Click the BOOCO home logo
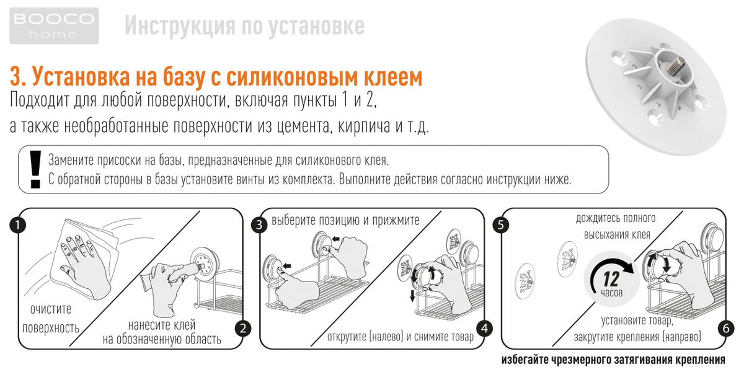tap(54, 26)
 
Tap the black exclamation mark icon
tap(35, 169)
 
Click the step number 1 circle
tap(17, 225)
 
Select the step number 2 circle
tap(243, 329)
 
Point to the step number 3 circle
tap(259, 225)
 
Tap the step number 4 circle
tap(485, 329)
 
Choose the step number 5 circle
tap(501, 225)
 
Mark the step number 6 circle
tap(726, 329)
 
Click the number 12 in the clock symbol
tap(611, 279)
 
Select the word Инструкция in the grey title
tap(180, 27)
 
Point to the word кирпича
tap(364, 126)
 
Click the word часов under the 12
tap(611, 293)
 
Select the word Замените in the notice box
tap(71, 160)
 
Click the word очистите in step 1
tap(51, 309)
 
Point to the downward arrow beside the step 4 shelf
tap(412, 296)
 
